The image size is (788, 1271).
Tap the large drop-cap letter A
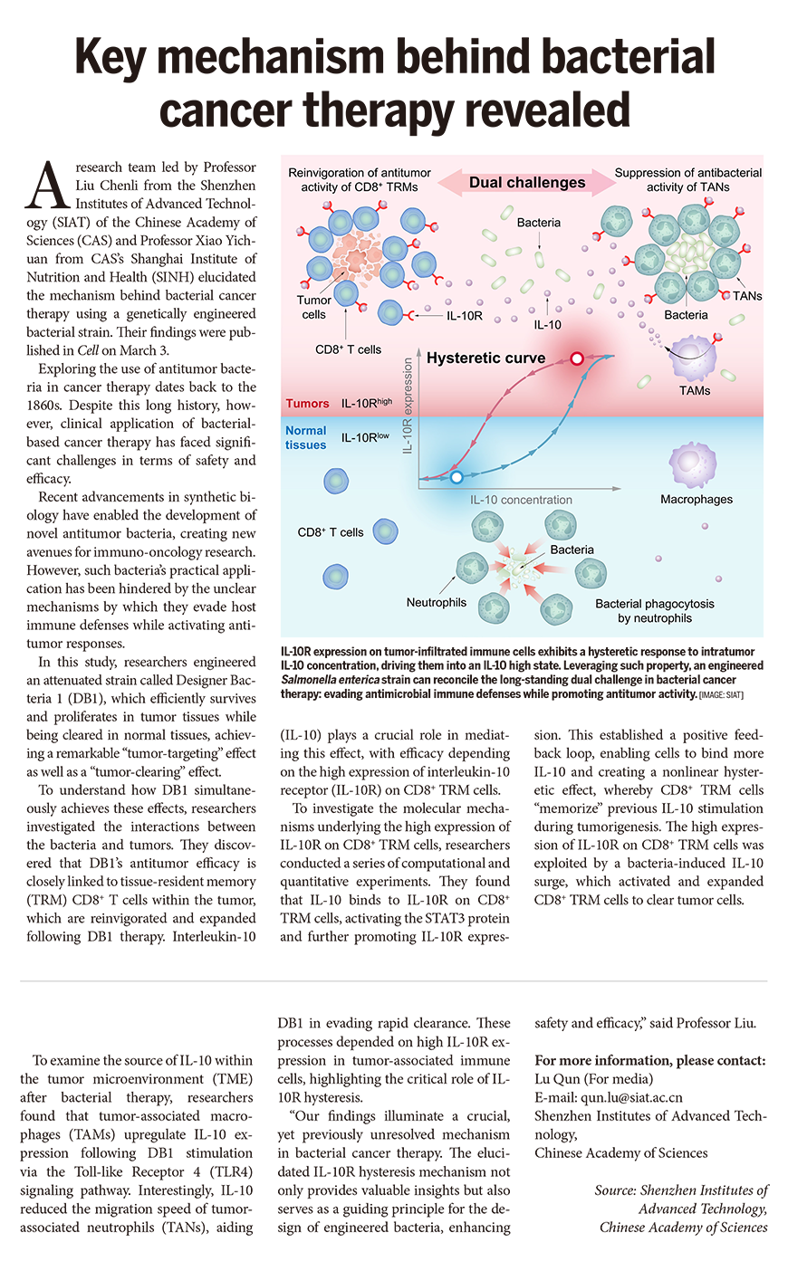tap(45, 186)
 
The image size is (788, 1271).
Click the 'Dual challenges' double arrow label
tap(527, 183)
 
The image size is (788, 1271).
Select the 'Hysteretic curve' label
tap(485, 358)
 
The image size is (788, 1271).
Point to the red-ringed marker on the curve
tap(576, 358)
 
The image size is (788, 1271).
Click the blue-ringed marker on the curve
tap(456, 476)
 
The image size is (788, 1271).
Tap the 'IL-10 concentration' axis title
tap(521, 500)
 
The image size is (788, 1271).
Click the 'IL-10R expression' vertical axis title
tap(408, 405)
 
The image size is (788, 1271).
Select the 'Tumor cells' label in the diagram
tap(313, 307)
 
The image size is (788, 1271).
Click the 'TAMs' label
tap(695, 391)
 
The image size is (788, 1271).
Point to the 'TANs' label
tap(747, 296)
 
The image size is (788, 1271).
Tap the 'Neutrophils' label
tap(437, 602)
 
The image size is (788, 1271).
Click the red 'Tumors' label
tap(307, 404)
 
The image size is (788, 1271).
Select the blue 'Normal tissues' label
tap(306, 438)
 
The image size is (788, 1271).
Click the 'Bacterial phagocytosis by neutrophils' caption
tap(654, 611)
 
